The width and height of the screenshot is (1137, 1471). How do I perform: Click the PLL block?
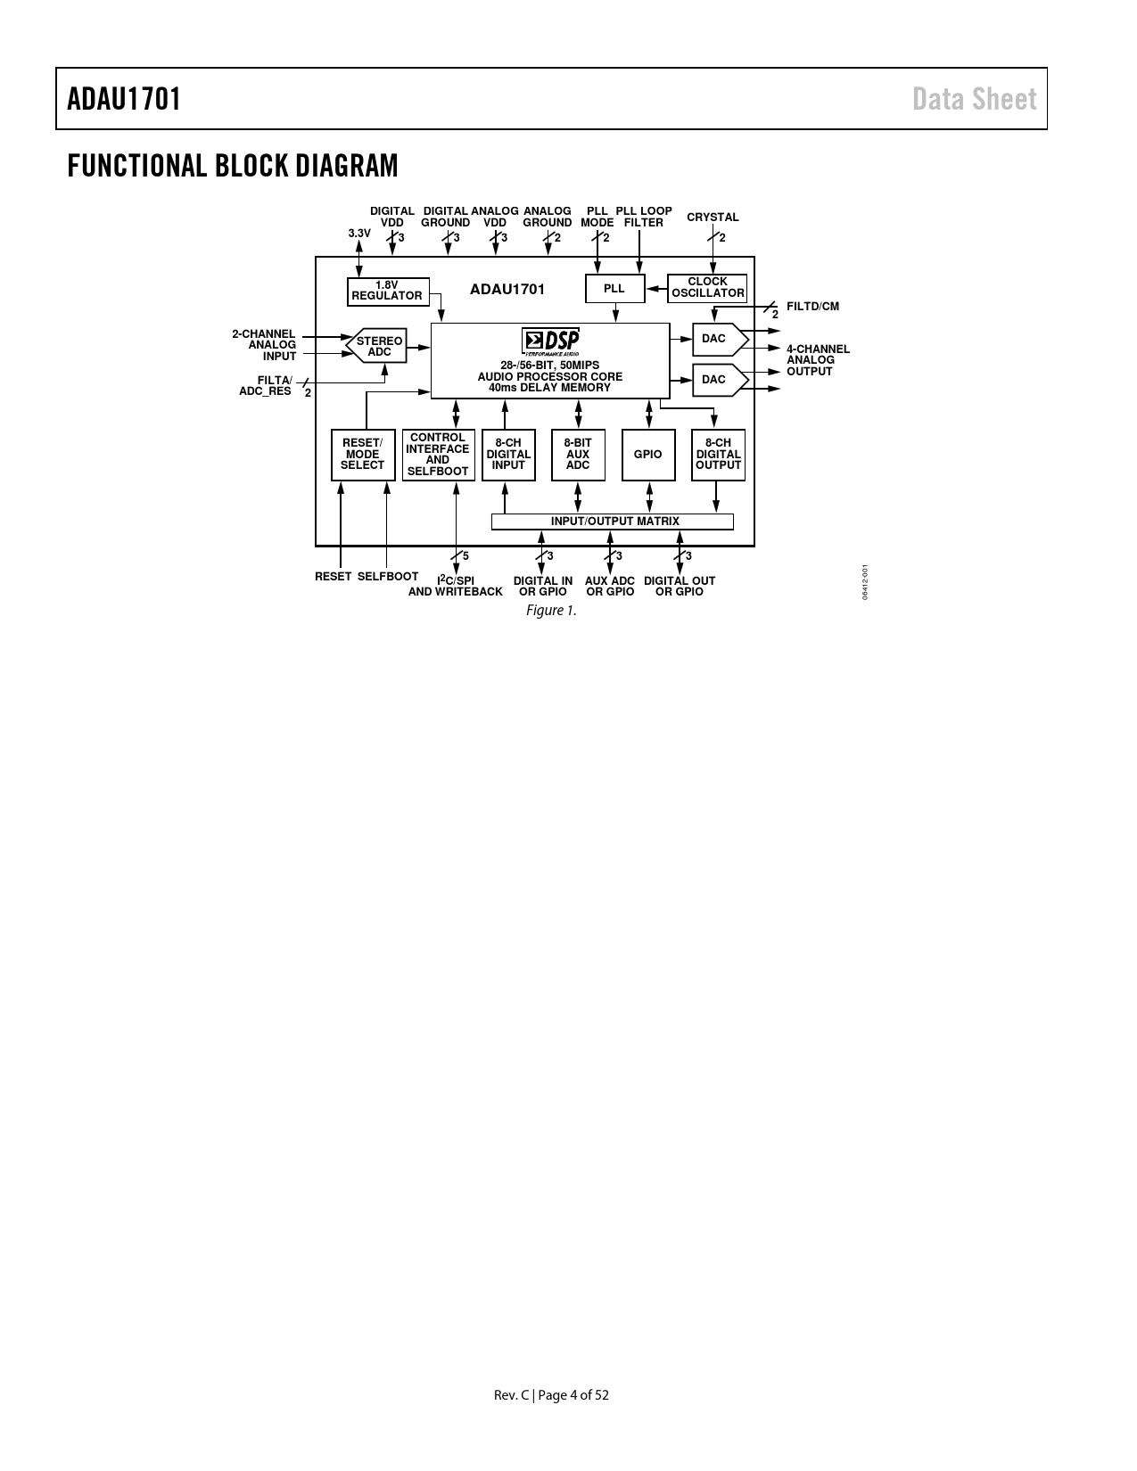point(615,288)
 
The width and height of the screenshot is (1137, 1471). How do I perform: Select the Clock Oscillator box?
point(707,288)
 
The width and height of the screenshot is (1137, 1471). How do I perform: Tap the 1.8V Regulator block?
point(388,292)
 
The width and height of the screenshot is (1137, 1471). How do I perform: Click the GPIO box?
point(648,455)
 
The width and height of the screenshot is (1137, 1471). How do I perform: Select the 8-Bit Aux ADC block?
point(579,455)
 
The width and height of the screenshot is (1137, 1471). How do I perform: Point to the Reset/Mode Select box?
point(363,455)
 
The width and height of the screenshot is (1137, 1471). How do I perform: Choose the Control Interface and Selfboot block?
point(438,455)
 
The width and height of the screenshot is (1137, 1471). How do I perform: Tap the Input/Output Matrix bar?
point(612,522)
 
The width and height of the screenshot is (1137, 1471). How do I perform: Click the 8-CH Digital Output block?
point(719,455)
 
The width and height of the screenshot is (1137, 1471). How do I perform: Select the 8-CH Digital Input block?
point(508,455)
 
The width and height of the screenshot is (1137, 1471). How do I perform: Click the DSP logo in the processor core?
point(550,341)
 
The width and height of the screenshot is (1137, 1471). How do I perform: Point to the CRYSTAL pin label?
point(713,218)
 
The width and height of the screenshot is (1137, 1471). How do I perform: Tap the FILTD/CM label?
point(812,307)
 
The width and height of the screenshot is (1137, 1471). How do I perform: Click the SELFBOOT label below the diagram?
point(388,577)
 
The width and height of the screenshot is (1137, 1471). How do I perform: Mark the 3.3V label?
point(359,234)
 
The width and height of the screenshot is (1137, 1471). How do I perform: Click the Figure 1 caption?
point(551,611)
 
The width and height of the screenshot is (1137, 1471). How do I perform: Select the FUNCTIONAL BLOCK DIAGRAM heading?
point(233,166)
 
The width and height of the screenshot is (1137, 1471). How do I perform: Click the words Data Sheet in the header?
point(975,99)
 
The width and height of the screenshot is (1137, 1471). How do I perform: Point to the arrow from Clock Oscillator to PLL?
point(657,289)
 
